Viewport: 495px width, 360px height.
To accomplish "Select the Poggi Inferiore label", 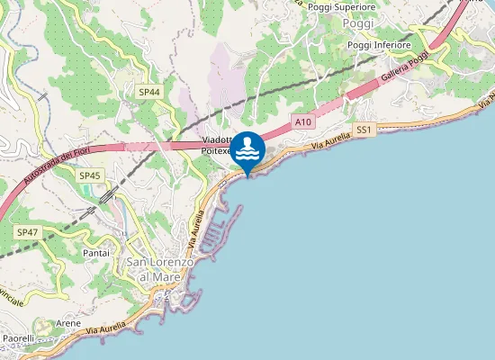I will (379, 45).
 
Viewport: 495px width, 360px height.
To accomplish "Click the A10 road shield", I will (302, 121).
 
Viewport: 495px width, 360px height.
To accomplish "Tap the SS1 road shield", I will (364, 130).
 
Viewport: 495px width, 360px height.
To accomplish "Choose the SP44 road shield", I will (149, 92).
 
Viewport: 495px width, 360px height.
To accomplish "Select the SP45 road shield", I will (89, 175).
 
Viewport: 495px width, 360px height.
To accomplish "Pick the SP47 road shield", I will (27, 232).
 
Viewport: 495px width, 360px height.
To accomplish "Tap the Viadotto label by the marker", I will (217, 140).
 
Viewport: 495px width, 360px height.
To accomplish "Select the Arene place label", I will (68, 321).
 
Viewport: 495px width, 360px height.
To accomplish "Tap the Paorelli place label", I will (18, 338).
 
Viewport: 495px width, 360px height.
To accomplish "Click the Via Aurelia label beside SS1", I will (329, 140).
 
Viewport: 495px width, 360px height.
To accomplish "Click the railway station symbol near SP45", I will (107, 195).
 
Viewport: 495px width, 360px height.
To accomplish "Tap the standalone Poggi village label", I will (358, 23).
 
